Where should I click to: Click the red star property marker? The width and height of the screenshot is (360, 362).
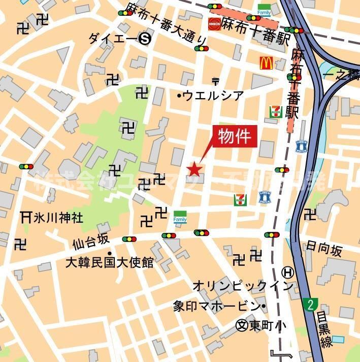pyautogui.click(x=195, y=169)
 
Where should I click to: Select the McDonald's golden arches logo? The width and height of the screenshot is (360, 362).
pyautogui.click(x=267, y=63)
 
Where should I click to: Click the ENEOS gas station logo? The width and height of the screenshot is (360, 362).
pyautogui.click(x=213, y=24)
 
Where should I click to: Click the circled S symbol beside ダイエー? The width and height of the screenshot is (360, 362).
pyautogui.click(x=146, y=38)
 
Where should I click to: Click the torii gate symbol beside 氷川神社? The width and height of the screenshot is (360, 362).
pyautogui.click(x=26, y=217)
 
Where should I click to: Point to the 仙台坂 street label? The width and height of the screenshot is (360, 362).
pyautogui.click(x=90, y=243)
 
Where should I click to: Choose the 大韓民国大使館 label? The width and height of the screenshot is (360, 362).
pyautogui.click(x=109, y=263)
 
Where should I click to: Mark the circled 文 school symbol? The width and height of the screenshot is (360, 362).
pyautogui.click(x=242, y=325)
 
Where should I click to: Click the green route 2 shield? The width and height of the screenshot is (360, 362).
pyautogui.click(x=310, y=305)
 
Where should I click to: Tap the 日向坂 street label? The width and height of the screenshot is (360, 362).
pyautogui.click(x=324, y=249)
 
